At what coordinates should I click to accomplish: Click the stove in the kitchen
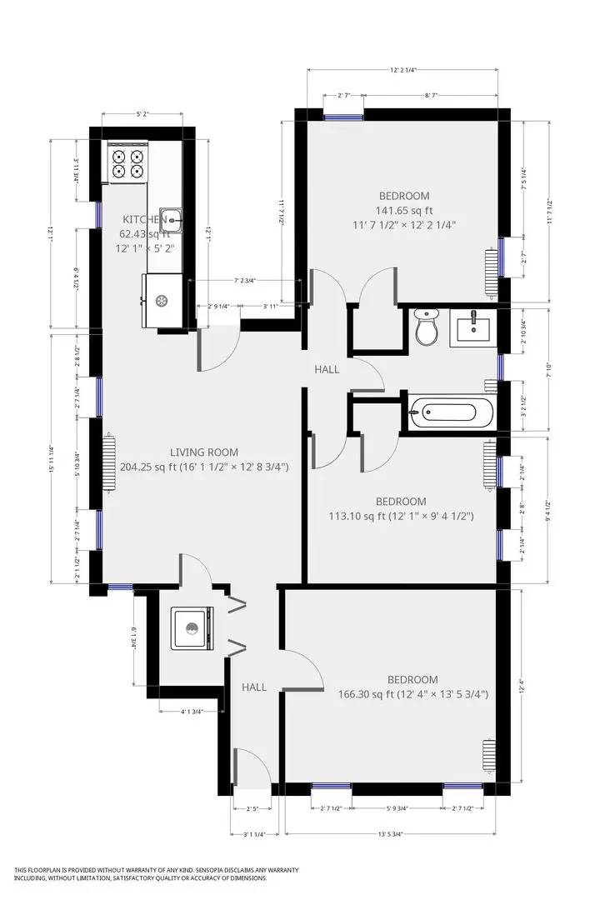tap(127, 162)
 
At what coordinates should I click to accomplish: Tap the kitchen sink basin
tap(170, 217)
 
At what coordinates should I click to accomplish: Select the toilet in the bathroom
tap(427, 328)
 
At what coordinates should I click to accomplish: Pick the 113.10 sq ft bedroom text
tap(357, 516)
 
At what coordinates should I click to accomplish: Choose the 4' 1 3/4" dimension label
tap(200, 711)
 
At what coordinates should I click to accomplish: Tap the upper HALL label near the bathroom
tap(327, 368)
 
